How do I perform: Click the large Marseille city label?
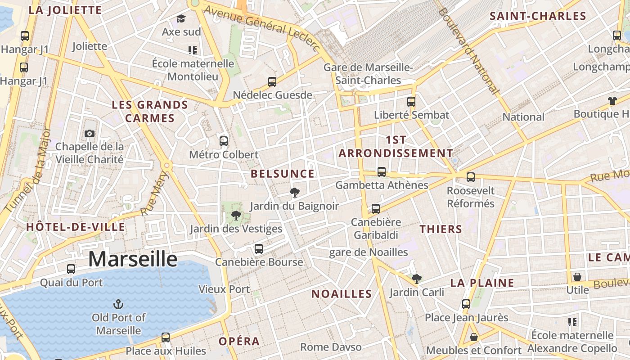click(133, 260)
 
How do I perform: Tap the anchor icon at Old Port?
click(118, 305)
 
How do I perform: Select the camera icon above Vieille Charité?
click(90, 133)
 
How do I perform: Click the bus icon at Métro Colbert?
click(224, 141)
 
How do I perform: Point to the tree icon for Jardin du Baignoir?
click(295, 193)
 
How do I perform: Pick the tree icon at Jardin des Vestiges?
click(235, 216)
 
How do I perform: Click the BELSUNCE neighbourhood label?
click(283, 174)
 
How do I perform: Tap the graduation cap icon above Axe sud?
click(181, 18)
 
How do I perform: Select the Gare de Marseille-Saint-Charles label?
click(368, 74)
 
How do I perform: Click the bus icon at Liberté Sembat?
click(411, 102)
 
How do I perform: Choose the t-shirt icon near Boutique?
click(612, 101)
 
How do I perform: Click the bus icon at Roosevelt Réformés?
click(471, 177)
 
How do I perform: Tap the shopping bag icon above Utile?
click(577, 276)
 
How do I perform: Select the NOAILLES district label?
click(342, 294)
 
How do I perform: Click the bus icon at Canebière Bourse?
click(258, 249)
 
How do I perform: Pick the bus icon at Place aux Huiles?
click(166, 337)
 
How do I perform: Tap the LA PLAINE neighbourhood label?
click(482, 283)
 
